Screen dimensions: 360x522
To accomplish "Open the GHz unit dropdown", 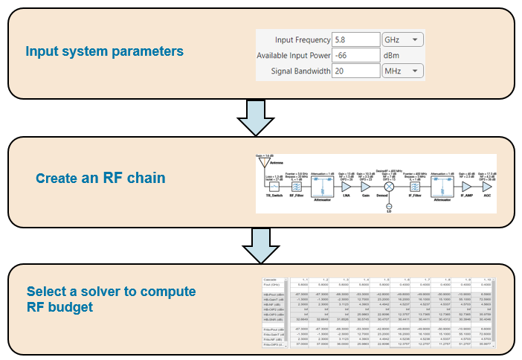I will pos(402,39).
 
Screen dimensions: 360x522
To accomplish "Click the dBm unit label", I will pos(392,56).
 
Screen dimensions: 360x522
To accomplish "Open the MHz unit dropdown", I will pos(402,71).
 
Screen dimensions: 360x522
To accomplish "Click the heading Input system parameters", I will pos(104,52).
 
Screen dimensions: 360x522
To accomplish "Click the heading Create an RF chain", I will pos(100,179).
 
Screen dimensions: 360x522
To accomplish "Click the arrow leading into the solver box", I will pos(260,244).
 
